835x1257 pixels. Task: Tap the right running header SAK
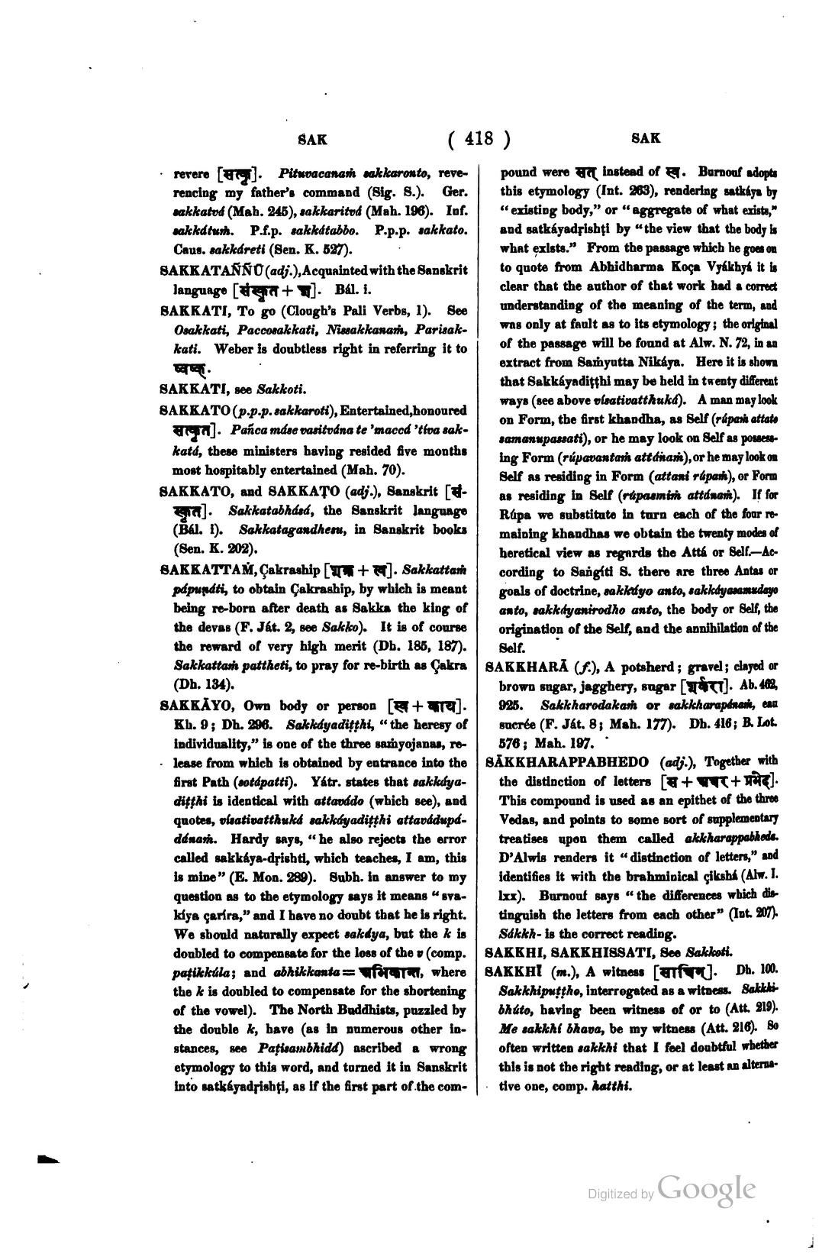[x=646, y=139]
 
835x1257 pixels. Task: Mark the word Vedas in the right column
[x=519, y=818]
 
